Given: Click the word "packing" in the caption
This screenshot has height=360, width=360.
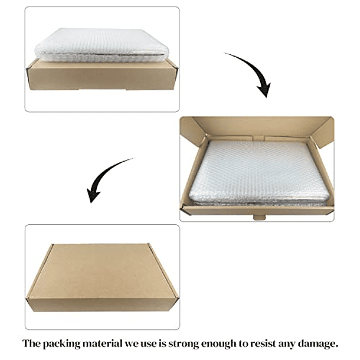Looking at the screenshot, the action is point(61,344).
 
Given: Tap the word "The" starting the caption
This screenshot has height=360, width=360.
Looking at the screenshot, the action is point(31,343).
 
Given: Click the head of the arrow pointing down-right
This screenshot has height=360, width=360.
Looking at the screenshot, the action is point(264,90).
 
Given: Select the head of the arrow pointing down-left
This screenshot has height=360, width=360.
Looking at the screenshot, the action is point(93,195).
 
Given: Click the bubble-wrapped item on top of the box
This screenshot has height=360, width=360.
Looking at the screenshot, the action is point(102,45).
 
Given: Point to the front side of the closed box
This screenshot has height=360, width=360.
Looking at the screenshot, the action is point(102,305).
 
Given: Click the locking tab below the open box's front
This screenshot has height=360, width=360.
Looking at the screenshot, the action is point(260,217).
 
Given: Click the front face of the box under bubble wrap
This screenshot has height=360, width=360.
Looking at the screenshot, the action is point(102,76).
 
